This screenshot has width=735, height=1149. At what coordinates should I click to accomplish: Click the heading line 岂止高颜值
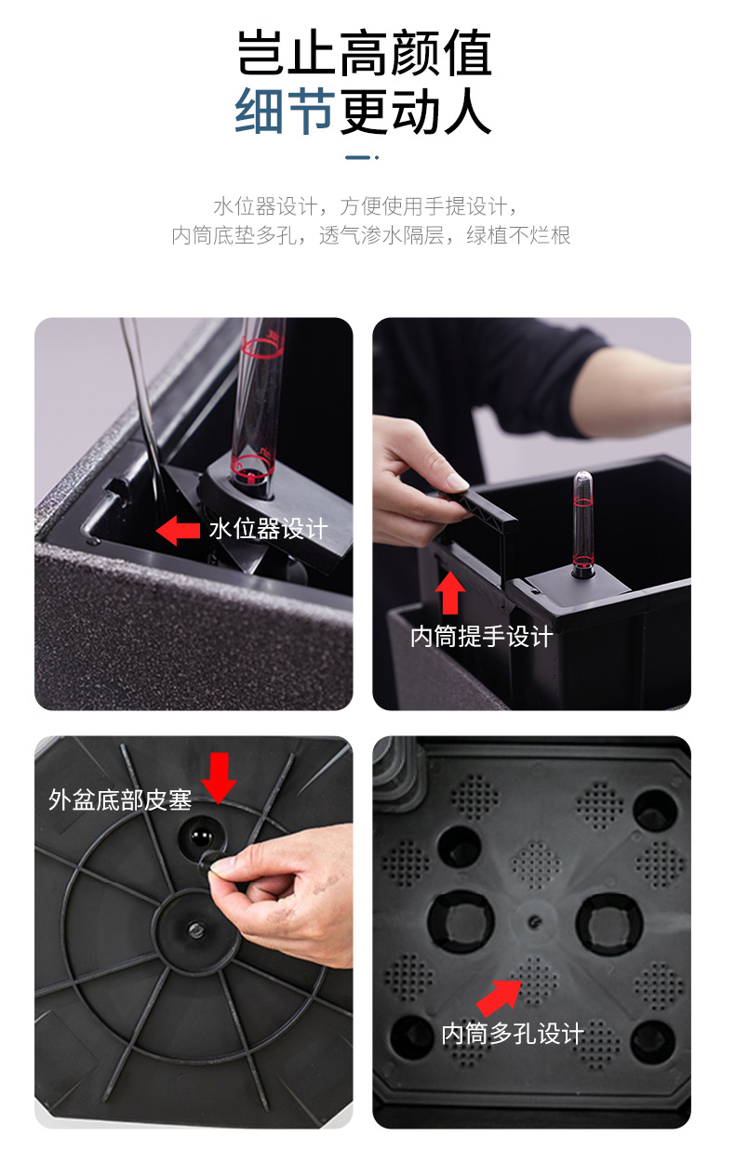coord(365,53)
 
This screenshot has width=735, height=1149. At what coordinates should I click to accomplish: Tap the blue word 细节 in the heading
coord(285,111)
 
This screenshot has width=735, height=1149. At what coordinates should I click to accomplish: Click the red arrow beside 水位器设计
coord(178,530)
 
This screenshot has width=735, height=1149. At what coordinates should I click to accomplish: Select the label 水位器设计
coord(269,528)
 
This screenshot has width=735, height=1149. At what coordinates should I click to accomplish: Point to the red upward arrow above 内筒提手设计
coord(450,592)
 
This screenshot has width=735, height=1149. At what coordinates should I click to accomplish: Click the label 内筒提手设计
coord(481,637)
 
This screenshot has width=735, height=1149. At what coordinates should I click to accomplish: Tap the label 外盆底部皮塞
coord(120,800)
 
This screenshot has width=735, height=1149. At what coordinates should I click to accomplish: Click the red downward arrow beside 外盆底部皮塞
coord(219,778)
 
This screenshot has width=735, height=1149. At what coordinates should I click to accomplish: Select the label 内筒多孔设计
coord(513,1033)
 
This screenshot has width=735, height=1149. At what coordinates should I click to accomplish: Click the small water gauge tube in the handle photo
coord(582,523)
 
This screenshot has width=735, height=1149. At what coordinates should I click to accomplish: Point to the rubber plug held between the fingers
coord(208,864)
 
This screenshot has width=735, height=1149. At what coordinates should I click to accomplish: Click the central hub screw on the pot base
coord(196,929)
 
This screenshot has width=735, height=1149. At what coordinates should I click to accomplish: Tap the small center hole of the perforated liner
coord(534,922)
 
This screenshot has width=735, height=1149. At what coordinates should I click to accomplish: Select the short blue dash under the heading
coord(358,157)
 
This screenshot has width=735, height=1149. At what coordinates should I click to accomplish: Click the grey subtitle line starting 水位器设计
coord(367,206)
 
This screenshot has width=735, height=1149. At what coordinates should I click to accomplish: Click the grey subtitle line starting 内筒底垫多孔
coord(370,235)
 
